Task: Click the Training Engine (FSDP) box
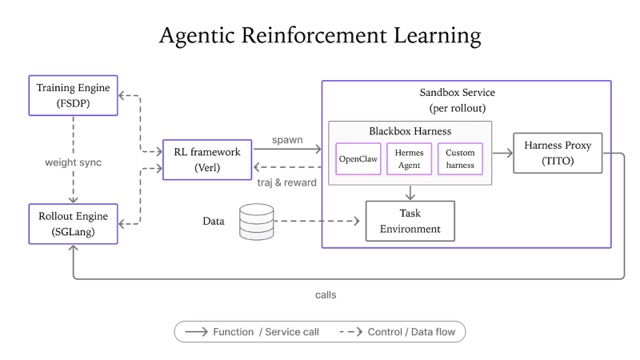pyautogui.click(x=73, y=95)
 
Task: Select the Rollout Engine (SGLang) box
pyautogui.click(x=73, y=224)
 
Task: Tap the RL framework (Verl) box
pyautogui.click(x=207, y=159)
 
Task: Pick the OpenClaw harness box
pyautogui.click(x=358, y=158)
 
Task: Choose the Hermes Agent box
pyautogui.click(x=409, y=158)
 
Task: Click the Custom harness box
pyautogui.click(x=460, y=158)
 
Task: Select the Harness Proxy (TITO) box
pyautogui.click(x=558, y=153)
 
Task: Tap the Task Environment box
pyautogui.click(x=410, y=221)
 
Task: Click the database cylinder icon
pyautogui.click(x=256, y=222)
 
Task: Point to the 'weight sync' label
pyautogui.click(x=73, y=162)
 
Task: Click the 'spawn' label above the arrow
pyautogui.click(x=287, y=140)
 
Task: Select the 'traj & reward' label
pyautogui.click(x=286, y=182)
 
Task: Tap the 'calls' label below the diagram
pyautogui.click(x=326, y=295)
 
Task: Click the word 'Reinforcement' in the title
pyautogui.click(x=314, y=35)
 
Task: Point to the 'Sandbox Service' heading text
pyautogui.click(x=457, y=93)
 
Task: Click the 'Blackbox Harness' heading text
pyautogui.click(x=410, y=131)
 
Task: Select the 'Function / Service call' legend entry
pyautogui.click(x=252, y=332)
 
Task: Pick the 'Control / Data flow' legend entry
pyautogui.click(x=397, y=332)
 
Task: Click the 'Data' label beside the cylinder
pyautogui.click(x=214, y=222)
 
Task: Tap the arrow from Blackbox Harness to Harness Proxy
pyautogui.click(x=502, y=153)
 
